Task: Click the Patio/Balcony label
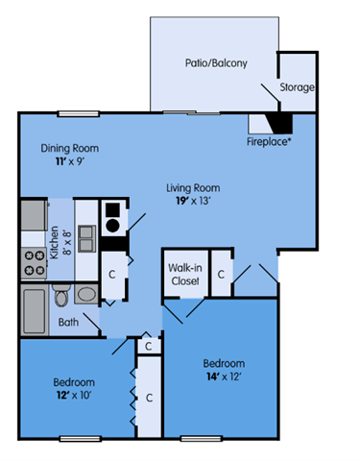coord(216,63)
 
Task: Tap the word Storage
coord(297,87)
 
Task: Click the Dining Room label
coord(69,149)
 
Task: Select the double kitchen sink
coord(85,235)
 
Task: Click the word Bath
coord(68,322)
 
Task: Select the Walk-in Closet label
coord(183,275)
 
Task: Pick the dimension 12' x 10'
coord(72,394)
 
